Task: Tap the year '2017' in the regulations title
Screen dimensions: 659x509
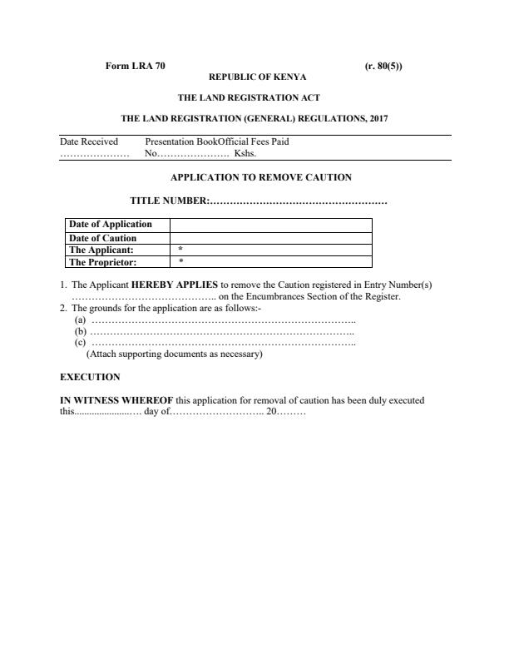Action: [375, 119]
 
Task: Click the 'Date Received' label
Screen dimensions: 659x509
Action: [89, 141]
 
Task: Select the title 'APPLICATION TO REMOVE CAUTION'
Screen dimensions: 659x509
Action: [261, 177]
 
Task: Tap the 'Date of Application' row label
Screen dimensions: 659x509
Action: [110, 225]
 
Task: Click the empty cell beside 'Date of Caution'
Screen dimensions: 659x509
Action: [270, 238]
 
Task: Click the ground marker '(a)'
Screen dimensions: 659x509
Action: [80, 320]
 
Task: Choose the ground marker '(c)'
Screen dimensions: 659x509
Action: [80, 342]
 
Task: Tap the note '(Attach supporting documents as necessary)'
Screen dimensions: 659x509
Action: [175, 354]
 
